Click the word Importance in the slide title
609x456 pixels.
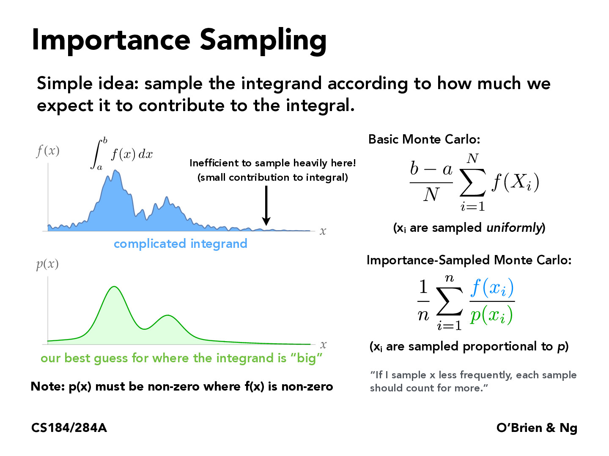(x=111, y=40)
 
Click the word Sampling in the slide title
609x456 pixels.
(x=263, y=41)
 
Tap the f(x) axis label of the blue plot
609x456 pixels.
(x=48, y=151)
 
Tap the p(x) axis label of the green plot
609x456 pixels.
(x=47, y=264)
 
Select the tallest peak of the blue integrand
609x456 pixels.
(x=115, y=171)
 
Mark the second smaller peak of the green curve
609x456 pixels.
(x=168, y=315)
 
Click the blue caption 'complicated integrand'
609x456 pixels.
(x=180, y=244)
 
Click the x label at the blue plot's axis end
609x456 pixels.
(x=323, y=231)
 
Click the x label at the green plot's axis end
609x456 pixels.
(x=323, y=345)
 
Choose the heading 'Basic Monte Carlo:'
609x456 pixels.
(x=424, y=139)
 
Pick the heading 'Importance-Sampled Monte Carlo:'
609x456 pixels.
(x=469, y=260)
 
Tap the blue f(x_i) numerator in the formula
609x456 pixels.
(x=492, y=288)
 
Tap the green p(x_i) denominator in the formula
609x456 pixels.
(x=491, y=315)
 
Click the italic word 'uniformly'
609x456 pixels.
(x=514, y=228)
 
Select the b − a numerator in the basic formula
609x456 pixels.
(x=431, y=169)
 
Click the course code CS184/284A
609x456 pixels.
(x=69, y=428)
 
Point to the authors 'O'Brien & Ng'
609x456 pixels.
(x=537, y=428)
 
